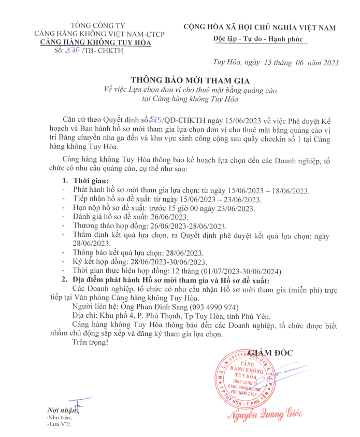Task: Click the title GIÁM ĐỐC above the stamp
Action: (x=270, y=353)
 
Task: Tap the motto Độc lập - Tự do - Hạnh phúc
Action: (x=260, y=39)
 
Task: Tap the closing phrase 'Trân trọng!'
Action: (x=91, y=343)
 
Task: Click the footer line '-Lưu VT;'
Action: (x=58, y=424)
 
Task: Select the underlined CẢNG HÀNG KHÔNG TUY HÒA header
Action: (x=96, y=43)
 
